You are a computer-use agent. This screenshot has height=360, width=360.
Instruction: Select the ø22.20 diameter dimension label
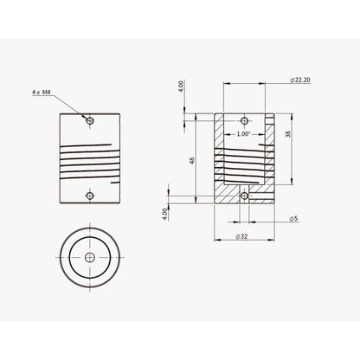(302, 80)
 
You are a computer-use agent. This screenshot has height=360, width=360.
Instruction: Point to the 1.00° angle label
(243, 134)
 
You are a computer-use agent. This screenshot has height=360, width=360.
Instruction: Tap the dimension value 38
(288, 134)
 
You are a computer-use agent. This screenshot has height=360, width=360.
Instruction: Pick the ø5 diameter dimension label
(295, 219)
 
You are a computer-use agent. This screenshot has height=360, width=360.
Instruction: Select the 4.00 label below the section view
(164, 213)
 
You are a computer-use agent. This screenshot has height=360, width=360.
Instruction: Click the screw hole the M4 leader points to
(89, 119)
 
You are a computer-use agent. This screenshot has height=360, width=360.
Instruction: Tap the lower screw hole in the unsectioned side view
(89, 196)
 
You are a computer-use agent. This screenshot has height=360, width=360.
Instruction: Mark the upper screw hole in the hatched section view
(244, 120)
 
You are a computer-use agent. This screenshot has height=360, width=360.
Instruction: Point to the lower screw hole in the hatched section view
(244, 196)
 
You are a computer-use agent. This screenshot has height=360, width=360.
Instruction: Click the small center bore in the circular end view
(89, 258)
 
